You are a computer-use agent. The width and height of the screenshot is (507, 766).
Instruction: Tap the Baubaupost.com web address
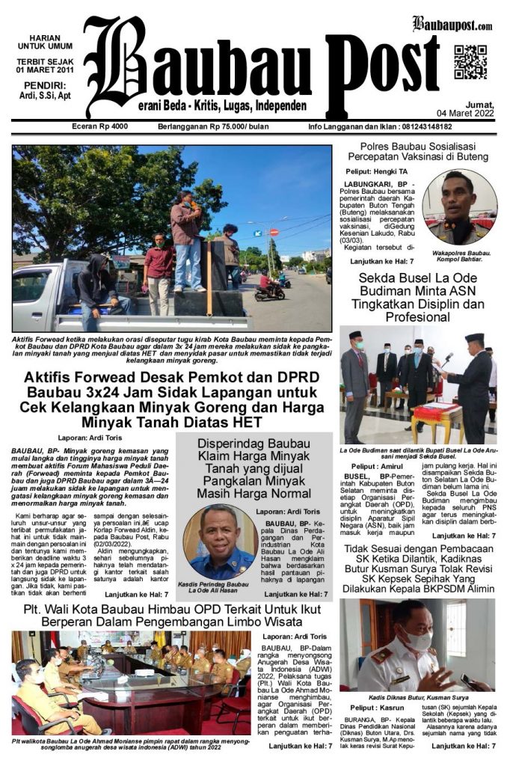[452, 25]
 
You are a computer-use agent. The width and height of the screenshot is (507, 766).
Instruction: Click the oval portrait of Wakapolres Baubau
[458, 207]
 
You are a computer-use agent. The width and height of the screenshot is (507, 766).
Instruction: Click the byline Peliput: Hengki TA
[378, 173]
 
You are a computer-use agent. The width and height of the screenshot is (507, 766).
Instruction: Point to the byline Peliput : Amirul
[372, 465]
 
